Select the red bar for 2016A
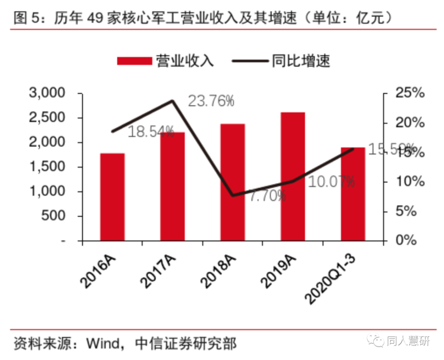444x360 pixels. (112, 197)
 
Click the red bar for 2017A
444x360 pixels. (172, 187)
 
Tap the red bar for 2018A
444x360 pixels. (233, 182)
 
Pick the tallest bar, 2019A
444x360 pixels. (293, 176)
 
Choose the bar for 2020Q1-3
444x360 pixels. (353, 194)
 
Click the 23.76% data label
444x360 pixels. (211, 101)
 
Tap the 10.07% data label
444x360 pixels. (331, 181)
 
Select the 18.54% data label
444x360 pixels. (151, 131)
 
